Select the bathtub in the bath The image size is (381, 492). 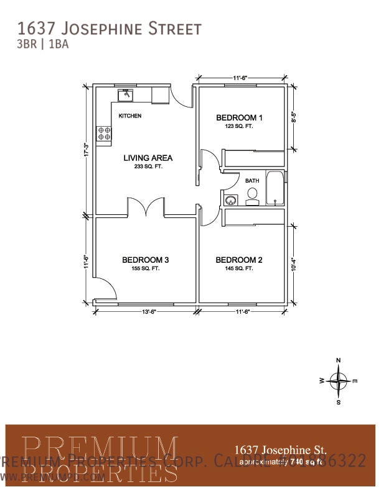click(x=275, y=189)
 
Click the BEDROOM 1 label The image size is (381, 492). click(x=239, y=117)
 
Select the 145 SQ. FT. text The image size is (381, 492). click(x=239, y=268)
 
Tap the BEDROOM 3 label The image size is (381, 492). click(x=145, y=260)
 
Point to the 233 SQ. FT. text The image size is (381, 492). click(x=148, y=166)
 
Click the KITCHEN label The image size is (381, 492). click(x=130, y=116)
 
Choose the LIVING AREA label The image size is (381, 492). click(x=148, y=158)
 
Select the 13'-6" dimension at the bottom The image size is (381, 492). click(x=147, y=311)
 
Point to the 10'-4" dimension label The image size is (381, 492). click(x=294, y=263)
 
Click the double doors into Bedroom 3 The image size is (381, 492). click(x=146, y=207)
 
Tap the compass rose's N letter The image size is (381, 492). click(x=339, y=360)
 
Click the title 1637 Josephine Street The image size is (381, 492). click(x=110, y=29)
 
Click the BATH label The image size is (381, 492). click(x=252, y=180)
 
